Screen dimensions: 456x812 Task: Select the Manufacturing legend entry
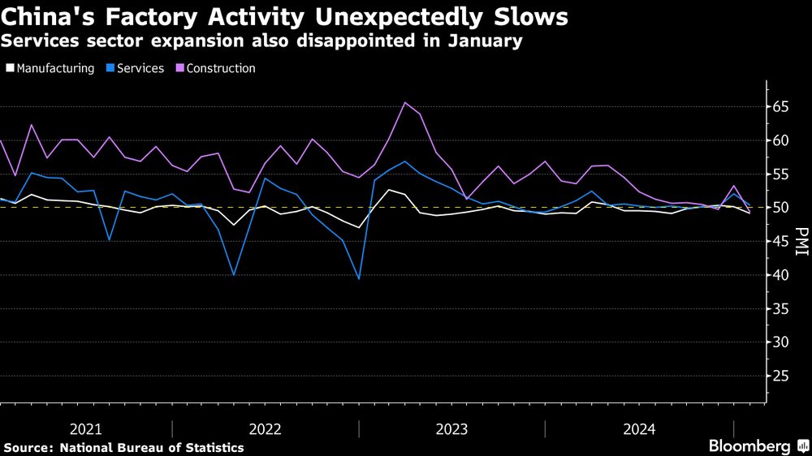click(50, 68)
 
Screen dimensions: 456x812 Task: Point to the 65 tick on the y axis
click(781, 106)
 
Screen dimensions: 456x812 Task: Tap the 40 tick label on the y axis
click(781, 275)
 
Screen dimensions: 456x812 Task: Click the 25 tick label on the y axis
click(781, 376)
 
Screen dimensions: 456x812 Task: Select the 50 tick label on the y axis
click(781, 208)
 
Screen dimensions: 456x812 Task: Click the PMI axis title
click(802, 241)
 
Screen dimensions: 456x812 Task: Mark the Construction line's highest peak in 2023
click(404, 102)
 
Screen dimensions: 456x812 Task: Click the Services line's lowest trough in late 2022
click(358, 278)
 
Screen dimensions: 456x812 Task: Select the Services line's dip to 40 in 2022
click(234, 275)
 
